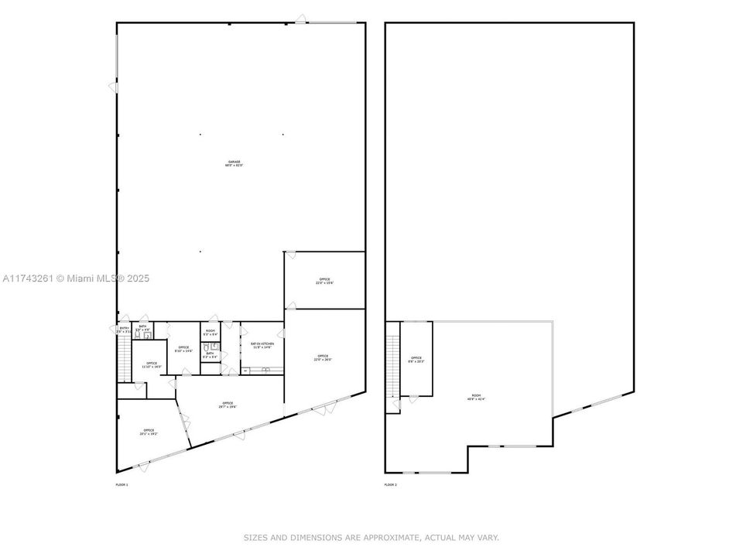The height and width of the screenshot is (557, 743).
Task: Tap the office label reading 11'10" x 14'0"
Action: [151, 364]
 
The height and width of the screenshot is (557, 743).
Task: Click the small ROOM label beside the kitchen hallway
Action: [210, 332]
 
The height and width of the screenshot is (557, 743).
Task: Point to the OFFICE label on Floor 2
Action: [416, 359]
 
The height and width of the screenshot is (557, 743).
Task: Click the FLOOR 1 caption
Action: [122, 484]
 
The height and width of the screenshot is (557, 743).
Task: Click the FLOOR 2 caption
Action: [390, 484]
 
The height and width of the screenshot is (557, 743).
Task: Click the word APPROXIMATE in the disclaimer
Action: [391, 537]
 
